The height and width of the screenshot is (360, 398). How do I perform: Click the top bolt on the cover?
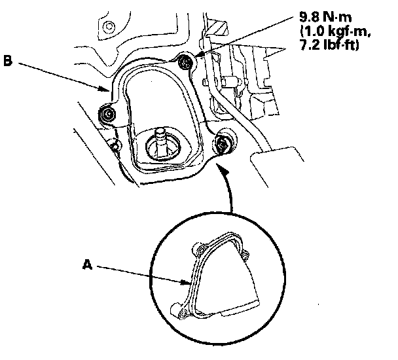(x=187, y=63)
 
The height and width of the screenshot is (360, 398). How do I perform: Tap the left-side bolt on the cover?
(x=107, y=117)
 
